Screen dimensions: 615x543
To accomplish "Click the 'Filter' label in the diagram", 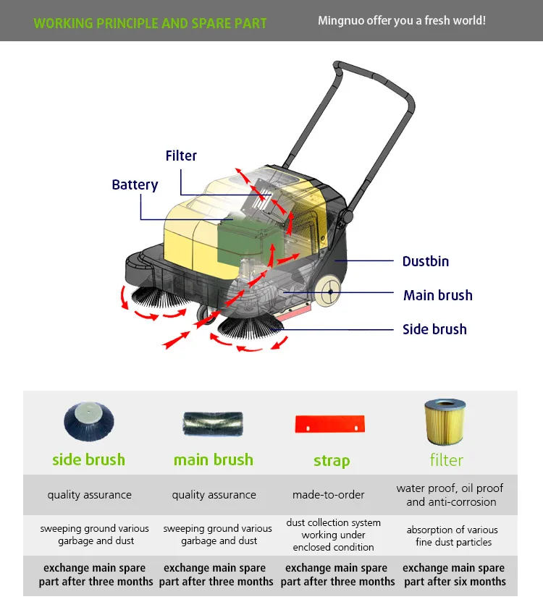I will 181,156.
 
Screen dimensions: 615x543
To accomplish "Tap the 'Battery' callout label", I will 135,185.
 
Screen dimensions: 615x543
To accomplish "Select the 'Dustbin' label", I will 426,261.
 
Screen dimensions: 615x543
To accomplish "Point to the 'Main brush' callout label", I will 437,295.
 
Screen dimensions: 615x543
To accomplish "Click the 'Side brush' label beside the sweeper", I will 434,329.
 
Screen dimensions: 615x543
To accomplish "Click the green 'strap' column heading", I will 332,461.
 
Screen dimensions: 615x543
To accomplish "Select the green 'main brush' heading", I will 214,459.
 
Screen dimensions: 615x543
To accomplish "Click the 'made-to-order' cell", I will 329,495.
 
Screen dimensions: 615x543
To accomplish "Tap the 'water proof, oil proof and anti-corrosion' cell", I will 450,495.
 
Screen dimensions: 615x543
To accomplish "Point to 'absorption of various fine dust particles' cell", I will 453,535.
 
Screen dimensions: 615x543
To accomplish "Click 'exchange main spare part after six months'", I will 454,574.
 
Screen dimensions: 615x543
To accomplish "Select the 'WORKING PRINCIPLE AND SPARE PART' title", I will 150,23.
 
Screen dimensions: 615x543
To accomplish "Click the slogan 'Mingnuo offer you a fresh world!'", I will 402,20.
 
